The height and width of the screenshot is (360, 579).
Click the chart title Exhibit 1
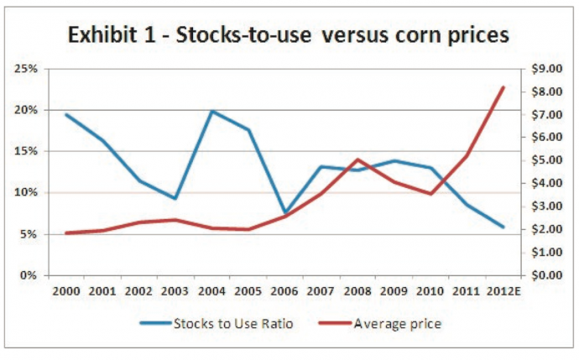tap(289, 35)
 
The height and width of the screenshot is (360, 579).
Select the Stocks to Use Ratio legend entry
tap(232, 323)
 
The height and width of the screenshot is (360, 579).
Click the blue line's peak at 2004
tap(212, 111)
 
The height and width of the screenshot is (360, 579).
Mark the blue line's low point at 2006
tap(284, 213)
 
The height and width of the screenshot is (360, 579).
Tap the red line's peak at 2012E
tap(503, 87)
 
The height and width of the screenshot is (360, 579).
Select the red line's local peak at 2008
tap(357, 159)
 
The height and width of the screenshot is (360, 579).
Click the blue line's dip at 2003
tap(175, 198)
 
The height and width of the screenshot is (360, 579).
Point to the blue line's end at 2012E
tap(503, 227)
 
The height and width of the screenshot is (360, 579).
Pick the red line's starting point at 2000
tap(66, 233)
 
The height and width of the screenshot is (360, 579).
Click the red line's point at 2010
tap(430, 194)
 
